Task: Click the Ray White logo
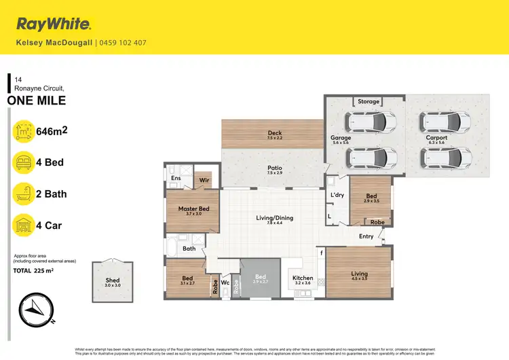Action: tap(54, 25)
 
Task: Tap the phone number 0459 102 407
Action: tap(123, 43)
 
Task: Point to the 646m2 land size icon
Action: tap(24, 132)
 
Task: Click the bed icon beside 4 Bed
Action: tap(24, 163)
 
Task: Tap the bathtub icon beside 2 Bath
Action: tap(24, 194)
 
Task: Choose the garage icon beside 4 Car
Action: tap(24, 225)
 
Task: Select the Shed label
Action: tap(113, 280)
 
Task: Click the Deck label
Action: tap(274, 133)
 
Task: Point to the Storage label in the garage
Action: tap(369, 102)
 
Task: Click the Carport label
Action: tap(436, 138)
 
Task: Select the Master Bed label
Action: tap(193, 209)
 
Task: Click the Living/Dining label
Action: tap(274, 218)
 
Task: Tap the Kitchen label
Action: tap(302, 278)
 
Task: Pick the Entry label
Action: tap(366, 236)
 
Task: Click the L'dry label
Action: tap(337, 195)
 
